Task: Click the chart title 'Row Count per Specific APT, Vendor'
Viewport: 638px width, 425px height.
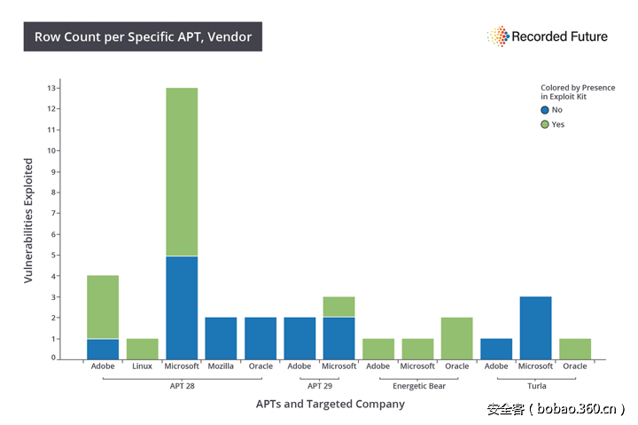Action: pos(143,37)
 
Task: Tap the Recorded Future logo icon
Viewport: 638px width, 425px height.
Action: pos(497,36)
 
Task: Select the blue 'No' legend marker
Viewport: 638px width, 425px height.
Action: pos(545,110)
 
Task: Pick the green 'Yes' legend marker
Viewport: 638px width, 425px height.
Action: pos(545,124)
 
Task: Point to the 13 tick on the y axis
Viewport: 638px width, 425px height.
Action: pos(53,88)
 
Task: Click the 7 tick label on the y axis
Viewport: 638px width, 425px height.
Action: pos(54,213)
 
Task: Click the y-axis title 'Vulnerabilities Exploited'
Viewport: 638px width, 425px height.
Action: pos(28,221)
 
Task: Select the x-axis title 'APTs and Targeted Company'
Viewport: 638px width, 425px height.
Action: pos(330,404)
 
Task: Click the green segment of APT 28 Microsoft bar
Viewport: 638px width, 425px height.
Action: pos(182,171)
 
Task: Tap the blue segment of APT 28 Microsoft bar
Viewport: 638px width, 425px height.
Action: pos(182,307)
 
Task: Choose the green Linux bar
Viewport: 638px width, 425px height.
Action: pos(142,349)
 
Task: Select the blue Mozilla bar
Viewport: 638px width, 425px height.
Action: pos(221,338)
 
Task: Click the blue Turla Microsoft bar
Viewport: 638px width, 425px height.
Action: pos(535,327)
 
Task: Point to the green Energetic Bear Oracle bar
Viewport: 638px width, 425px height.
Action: pos(456,338)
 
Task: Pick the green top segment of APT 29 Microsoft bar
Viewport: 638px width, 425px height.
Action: pos(338,307)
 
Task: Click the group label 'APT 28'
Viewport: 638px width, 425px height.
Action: pos(182,386)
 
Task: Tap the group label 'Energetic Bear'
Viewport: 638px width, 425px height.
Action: pos(418,386)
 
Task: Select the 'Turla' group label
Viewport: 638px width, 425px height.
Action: pos(535,386)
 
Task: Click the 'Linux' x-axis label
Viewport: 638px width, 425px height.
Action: pos(142,366)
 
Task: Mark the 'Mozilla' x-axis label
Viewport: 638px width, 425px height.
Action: pos(221,366)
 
